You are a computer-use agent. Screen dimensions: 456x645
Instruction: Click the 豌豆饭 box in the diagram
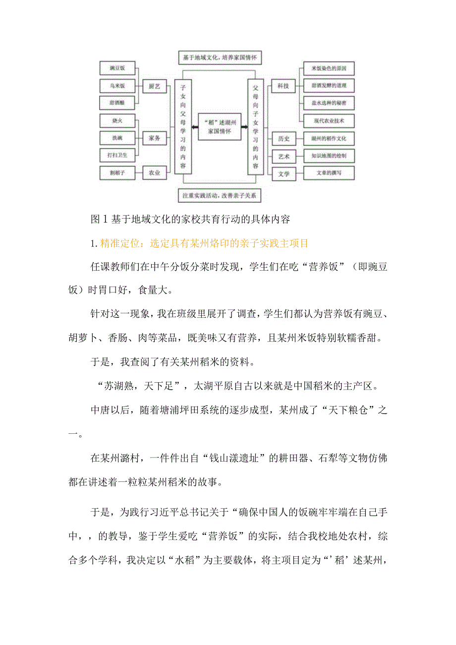coord(117,68)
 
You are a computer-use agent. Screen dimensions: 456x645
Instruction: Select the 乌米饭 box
coord(117,85)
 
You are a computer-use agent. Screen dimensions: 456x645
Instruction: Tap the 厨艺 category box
coord(154,86)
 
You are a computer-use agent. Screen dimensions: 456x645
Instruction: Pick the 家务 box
coord(154,138)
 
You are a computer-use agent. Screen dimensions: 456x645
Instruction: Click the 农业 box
coord(154,173)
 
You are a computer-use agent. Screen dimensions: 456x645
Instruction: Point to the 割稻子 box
coord(117,173)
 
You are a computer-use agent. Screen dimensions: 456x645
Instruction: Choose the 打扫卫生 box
coord(117,155)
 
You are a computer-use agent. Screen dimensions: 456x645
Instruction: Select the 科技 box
coord(283,86)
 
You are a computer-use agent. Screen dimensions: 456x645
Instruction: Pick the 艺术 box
coord(283,157)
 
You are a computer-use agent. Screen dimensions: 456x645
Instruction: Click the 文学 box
coord(283,174)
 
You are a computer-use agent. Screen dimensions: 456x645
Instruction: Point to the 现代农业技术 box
coord(328,120)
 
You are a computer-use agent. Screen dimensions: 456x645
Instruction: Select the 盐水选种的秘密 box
coord(328,103)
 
